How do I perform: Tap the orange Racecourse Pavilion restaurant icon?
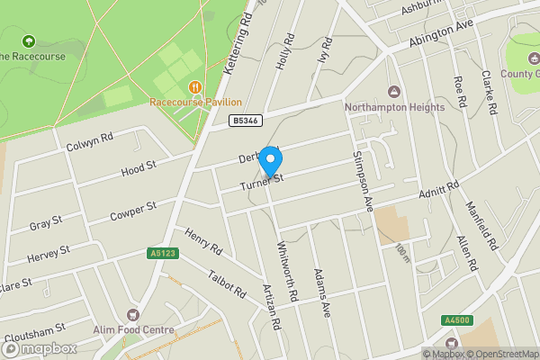[x=194, y=86]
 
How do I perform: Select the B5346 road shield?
[x=245, y=120]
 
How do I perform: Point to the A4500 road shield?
[x=456, y=319]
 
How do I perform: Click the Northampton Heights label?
[x=394, y=107]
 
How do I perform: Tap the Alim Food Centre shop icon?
[x=134, y=315]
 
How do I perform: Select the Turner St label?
[x=262, y=183]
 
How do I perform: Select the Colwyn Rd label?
[x=89, y=142]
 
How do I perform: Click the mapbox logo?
[x=39, y=348]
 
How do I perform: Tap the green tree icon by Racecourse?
[x=27, y=41]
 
